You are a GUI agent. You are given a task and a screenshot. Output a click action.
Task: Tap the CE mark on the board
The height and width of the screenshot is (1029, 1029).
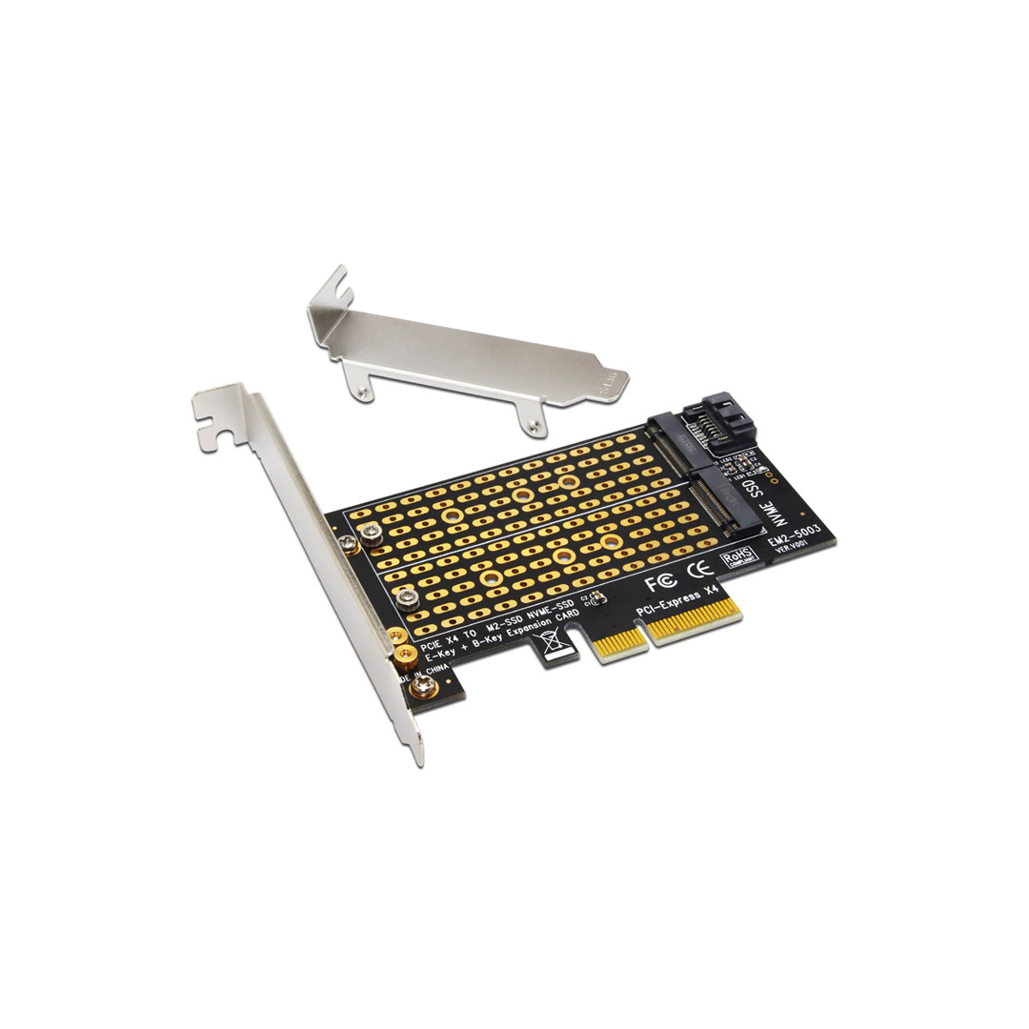click(x=701, y=570)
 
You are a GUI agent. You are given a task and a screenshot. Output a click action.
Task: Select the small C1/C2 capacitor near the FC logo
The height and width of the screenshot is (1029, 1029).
click(x=597, y=599)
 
